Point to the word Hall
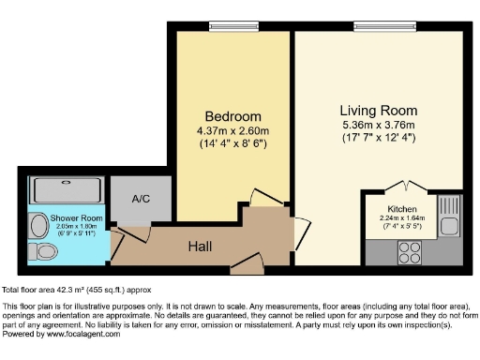tap(200, 247)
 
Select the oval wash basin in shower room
tap(37, 225)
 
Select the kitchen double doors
tap(405, 186)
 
